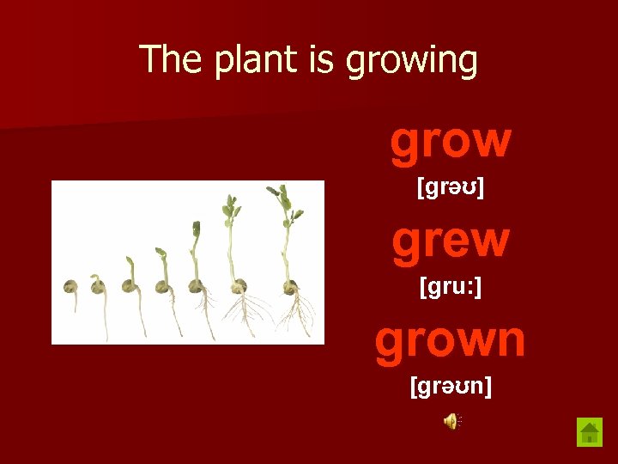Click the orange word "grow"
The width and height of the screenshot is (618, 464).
(x=451, y=142)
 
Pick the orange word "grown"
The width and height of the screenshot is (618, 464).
(x=450, y=339)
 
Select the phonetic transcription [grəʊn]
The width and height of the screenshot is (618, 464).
(x=451, y=387)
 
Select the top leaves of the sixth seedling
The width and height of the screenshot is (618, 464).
(x=229, y=208)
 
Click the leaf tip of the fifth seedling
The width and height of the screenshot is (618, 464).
(x=197, y=229)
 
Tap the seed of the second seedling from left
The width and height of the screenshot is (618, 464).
(x=99, y=286)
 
